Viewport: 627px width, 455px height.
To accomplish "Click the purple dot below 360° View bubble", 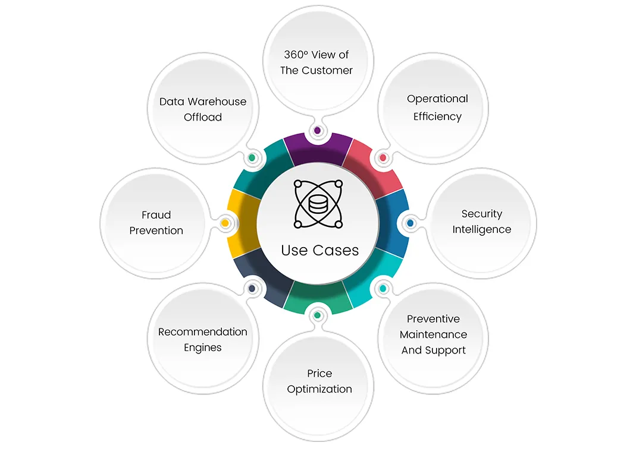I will point(317,130).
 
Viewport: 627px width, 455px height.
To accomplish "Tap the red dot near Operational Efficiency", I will point(383,158).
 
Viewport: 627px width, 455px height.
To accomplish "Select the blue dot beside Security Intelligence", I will point(410,223).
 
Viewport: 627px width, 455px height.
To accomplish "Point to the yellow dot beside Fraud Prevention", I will point(225,223).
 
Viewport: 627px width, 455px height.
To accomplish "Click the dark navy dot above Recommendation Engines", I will point(252,289).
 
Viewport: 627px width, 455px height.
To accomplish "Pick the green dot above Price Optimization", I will point(317,315).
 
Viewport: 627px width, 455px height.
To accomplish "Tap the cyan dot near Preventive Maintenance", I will point(383,289).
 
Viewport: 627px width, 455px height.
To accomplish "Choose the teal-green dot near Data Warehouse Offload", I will point(252,158).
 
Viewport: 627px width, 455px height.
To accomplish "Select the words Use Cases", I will point(320,250).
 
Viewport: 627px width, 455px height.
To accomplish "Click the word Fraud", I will point(156,215).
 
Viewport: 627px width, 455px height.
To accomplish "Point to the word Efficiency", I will point(437,116).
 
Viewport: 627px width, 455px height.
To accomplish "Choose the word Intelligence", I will point(481,229).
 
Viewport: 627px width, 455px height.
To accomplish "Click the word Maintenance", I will point(433,334).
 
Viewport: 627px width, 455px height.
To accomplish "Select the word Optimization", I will point(319,389).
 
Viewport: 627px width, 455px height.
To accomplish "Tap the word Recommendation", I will point(202,331).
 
